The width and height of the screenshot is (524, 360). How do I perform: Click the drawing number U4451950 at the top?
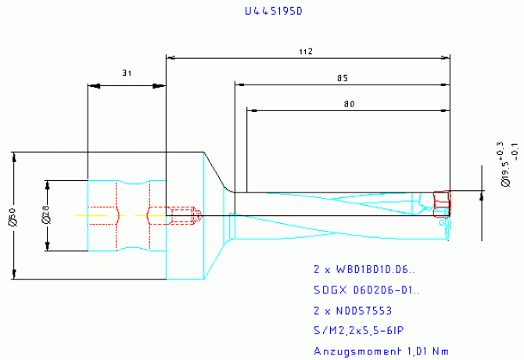273,12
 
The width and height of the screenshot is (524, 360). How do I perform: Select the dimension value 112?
306,51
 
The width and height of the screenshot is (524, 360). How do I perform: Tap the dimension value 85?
342,77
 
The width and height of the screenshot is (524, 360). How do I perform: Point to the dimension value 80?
348,103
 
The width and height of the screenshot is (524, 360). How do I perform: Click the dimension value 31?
126,73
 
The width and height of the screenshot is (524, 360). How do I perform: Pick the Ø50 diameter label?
11,214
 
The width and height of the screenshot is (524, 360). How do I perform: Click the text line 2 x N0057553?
358,311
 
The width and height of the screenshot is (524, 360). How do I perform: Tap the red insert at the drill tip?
442,201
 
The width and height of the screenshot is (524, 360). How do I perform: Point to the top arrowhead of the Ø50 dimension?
15,155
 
